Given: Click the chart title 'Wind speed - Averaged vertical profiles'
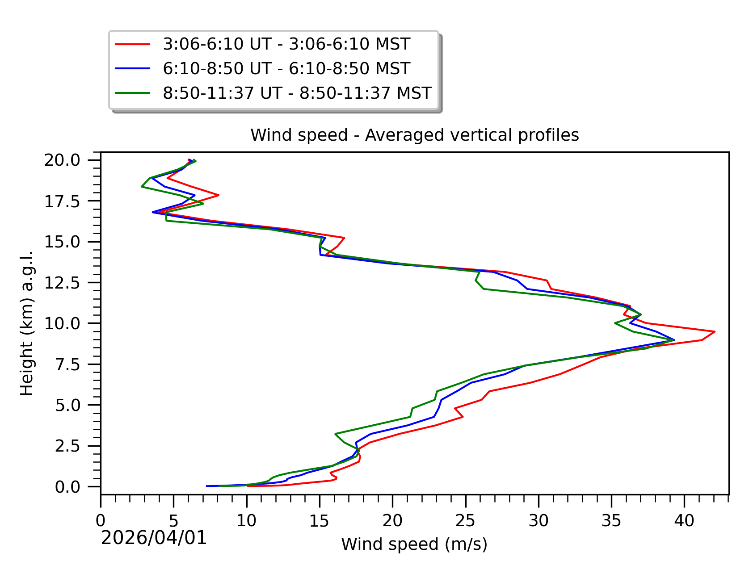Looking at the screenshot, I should (x=414, y=135).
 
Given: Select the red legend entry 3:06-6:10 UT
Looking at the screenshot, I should (x=286, y=44).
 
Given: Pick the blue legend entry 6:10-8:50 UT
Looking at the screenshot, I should (x=286, y=69).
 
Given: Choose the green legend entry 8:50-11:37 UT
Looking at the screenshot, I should (x=297, y=93).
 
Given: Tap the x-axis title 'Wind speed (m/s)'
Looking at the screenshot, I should (x=414, y=544).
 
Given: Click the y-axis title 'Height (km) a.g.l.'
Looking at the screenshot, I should (x=27, y=323).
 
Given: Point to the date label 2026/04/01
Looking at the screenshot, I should (x=154, y=538).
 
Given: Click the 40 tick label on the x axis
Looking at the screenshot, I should (x=684, y=521).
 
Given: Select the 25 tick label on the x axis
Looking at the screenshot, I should (x=465, y=521).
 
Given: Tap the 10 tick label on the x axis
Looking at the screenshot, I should (x=246, y=521).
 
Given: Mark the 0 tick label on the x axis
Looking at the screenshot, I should (x=101, y=521).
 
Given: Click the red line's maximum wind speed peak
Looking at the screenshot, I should (x=715, y=331).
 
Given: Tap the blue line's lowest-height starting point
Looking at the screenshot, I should (x=206, y=486).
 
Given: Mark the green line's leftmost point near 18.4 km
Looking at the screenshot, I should (x=142, y=186).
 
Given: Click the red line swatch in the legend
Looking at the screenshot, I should (x=133, y=44).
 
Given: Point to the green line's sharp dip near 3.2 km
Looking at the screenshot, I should (x=335, y=434).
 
